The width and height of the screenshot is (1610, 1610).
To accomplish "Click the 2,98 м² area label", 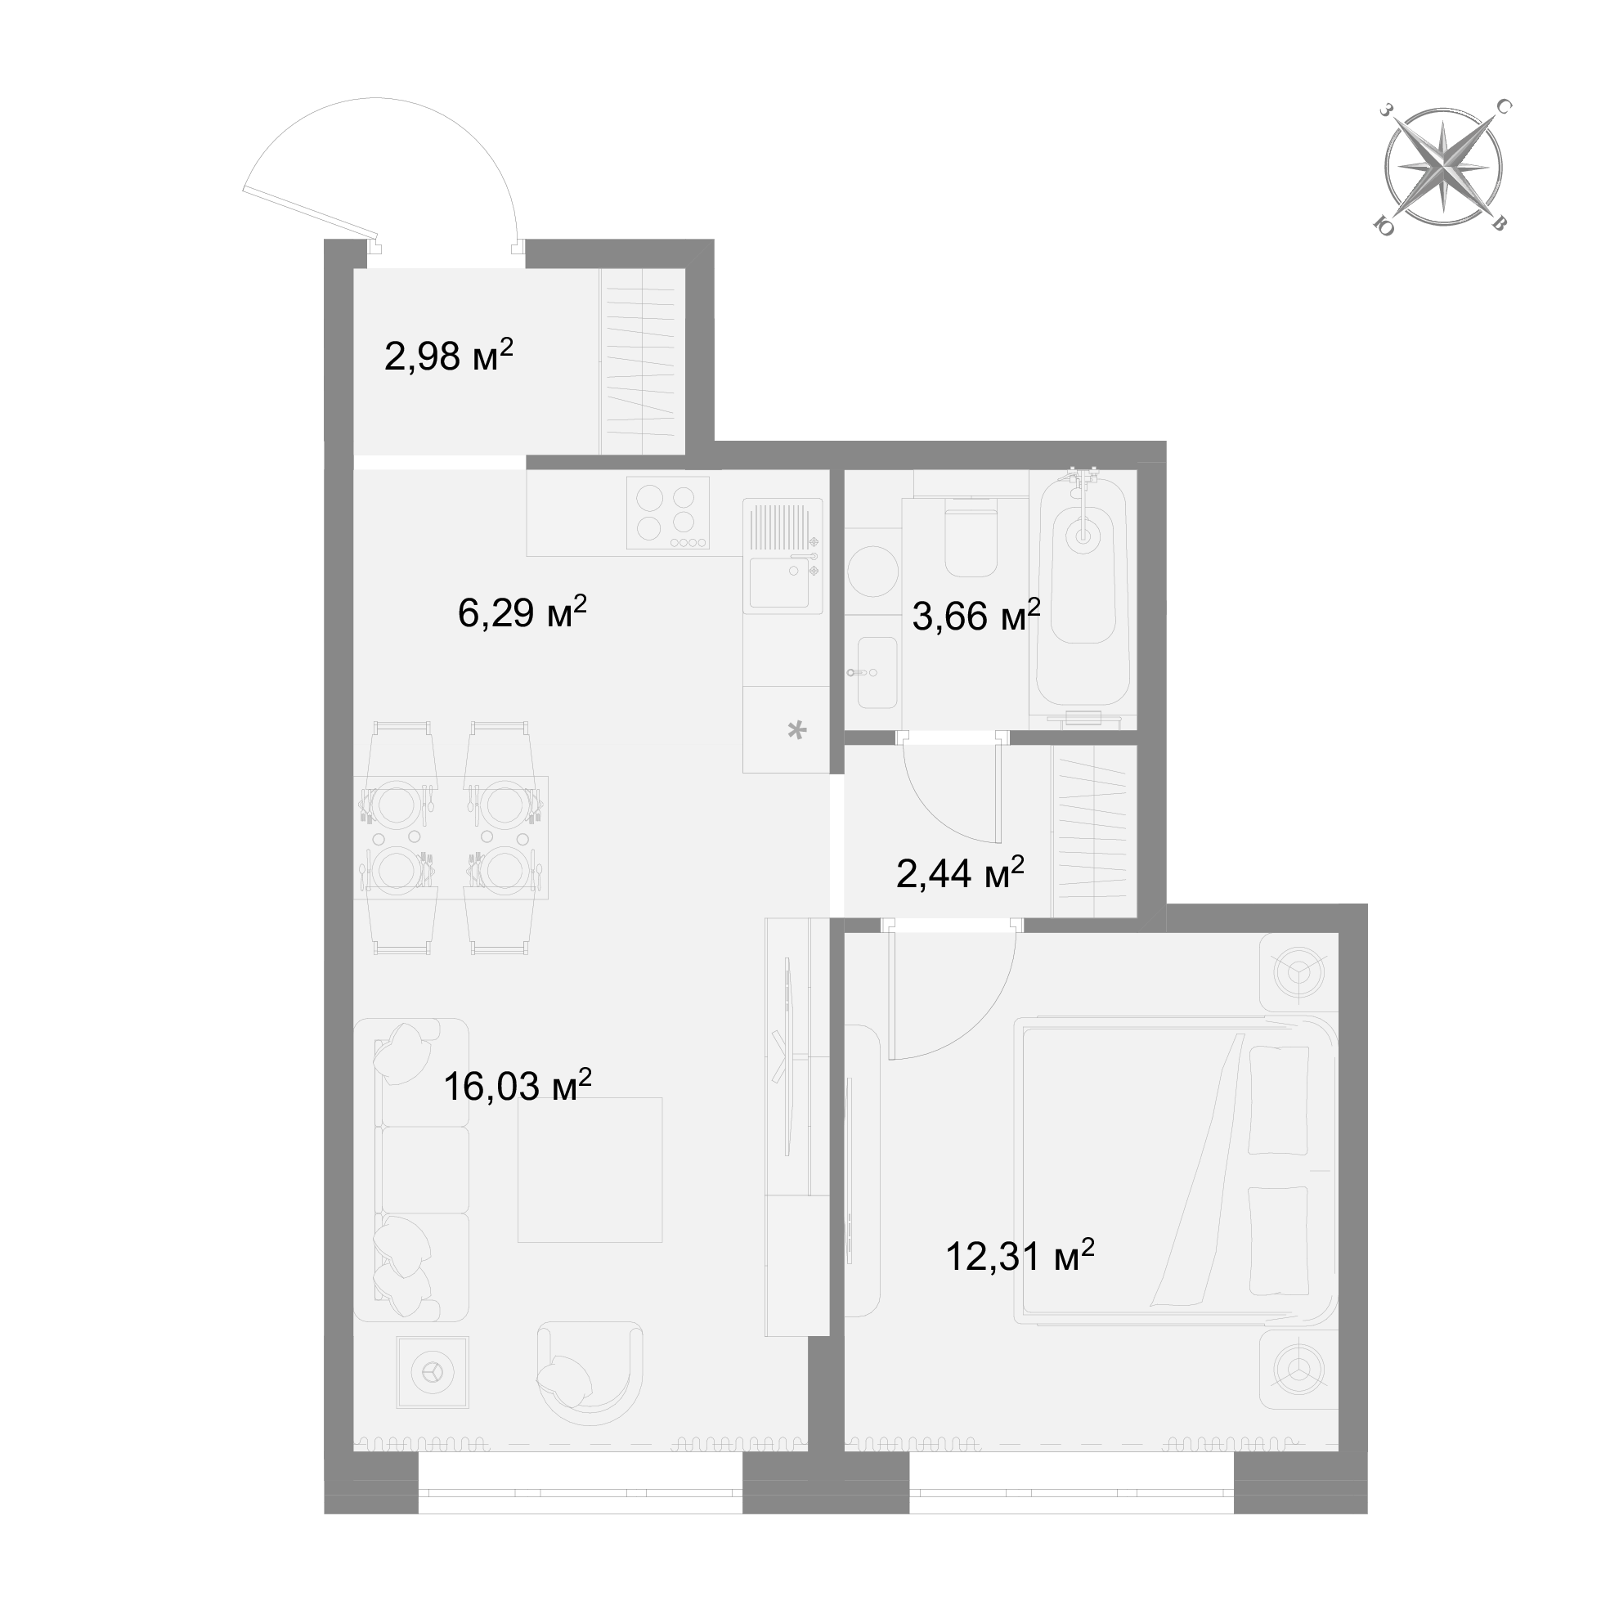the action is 448,356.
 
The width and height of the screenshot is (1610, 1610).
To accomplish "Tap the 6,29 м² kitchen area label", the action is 522,612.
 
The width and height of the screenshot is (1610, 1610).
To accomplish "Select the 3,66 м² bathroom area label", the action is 976,615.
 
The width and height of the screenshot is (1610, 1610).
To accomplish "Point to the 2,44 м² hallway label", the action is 960,872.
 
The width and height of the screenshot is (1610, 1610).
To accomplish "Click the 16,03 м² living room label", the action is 518,1085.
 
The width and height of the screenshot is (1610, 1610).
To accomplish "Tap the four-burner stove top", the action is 667,513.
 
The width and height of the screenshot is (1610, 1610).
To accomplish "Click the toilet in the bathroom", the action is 971,536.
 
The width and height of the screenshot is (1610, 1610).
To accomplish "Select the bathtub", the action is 1083,596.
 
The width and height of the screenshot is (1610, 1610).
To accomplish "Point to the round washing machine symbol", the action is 872,571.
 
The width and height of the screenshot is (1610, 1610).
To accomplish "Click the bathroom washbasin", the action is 873,672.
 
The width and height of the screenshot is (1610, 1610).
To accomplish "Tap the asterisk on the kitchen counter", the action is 797,731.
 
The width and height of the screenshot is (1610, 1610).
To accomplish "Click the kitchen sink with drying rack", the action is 783,554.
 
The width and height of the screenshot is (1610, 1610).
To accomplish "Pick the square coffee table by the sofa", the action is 590,1170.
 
